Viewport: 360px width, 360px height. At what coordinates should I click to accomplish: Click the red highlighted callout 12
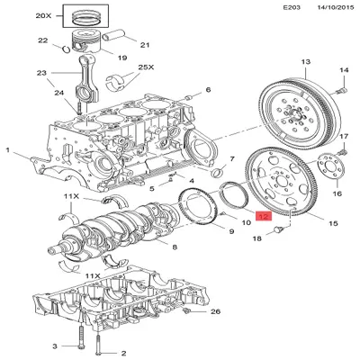(263, 217)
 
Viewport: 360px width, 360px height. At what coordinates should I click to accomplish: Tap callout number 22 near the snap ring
(42, 40)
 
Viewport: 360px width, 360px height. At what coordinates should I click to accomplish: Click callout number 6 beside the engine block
(208, 90)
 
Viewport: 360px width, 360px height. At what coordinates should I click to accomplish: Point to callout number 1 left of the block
(7, 149)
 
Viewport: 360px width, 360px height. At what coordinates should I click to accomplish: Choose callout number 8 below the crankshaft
(174, 247)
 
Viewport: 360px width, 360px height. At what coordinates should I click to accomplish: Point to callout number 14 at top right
(343, 69)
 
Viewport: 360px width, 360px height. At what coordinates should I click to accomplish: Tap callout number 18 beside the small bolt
(256, 238)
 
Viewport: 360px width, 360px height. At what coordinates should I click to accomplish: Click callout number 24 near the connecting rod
(59, 91)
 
